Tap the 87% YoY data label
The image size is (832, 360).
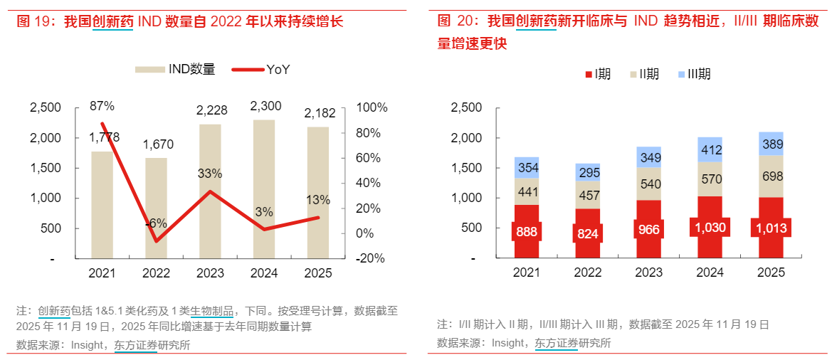click(102, 106)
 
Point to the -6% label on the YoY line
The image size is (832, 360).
click(156, 223)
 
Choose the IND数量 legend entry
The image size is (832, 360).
click(176, 69)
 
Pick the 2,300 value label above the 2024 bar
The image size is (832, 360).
click(265, 106)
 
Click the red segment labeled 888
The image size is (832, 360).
click(527, 231)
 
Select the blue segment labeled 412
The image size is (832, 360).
click(710, 150)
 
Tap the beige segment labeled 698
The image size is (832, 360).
click(772, 176)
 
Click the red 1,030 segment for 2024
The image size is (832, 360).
click(710, 228)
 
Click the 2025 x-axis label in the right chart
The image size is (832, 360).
click(771, 272)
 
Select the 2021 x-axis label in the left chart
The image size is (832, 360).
click(102, 272)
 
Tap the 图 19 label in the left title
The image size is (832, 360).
click(36, 22)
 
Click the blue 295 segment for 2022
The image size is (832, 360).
click(588, 173)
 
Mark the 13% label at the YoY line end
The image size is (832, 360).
click(318, 199)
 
